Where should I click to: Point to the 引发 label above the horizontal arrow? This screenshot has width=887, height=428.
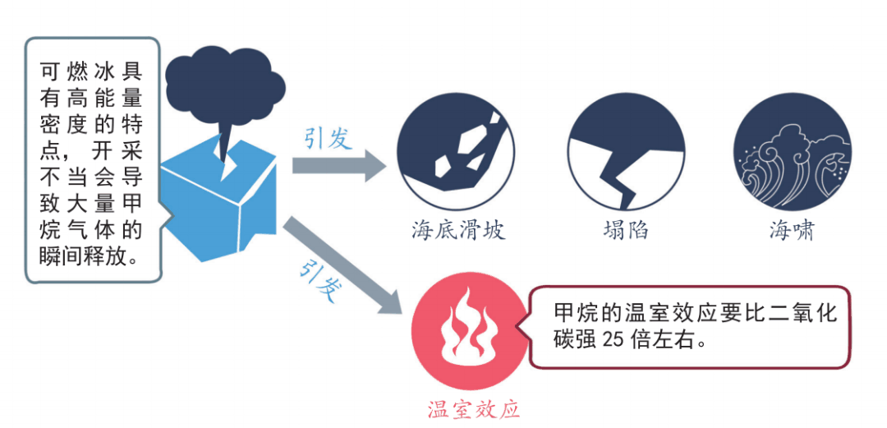point(328,138)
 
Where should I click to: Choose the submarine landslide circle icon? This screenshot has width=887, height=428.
point(456,159)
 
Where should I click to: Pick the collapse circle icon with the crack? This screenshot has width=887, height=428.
point(626,159)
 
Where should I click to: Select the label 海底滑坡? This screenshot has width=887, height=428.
point(457,229)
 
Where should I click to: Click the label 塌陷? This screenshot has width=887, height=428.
point(626,229)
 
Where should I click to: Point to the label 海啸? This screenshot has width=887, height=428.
point(792,230)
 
